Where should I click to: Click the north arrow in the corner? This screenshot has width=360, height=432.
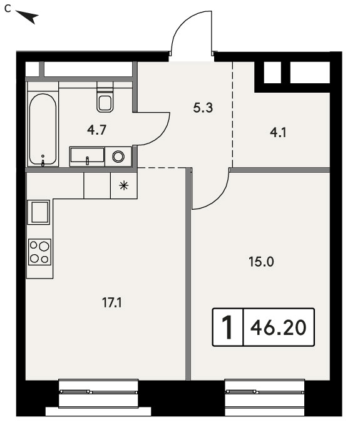click(x=27, y=17)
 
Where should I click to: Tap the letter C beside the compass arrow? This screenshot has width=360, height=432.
click(x=8, y=9)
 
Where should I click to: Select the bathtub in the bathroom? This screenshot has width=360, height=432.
click(x=43, y=129)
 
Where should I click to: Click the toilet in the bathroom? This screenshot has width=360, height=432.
click(x=105, y=96)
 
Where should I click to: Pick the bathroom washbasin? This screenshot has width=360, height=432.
click(x=87, y=155)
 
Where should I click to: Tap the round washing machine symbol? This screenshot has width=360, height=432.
click(x=118, y=157)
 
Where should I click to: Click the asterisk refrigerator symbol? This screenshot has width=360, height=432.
click(x=124, y=186)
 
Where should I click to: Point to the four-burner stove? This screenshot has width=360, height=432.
click(x=40, y=252)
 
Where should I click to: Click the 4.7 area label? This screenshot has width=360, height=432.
click(x=96, y=130)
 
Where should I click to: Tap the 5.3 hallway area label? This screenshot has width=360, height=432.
click(x=203, y=108)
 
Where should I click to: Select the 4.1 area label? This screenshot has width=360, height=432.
click(x=278, y=133)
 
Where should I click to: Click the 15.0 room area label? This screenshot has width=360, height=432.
click(x=261, y=262)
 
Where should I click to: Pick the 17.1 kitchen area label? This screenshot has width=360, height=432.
click(x=112, y=303)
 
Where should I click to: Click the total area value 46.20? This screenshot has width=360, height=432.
click(x=278, y=327)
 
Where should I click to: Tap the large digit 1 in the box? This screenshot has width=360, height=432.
click(x=228, y=327)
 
